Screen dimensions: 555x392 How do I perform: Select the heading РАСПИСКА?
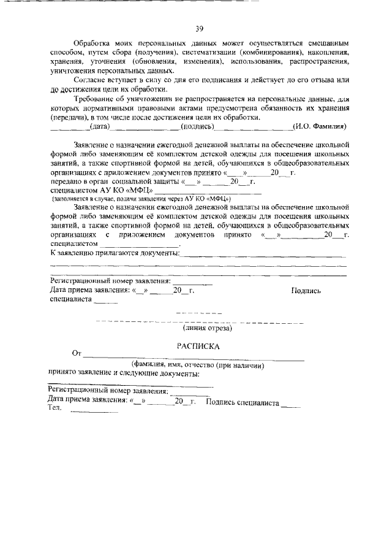(x=198, y=346)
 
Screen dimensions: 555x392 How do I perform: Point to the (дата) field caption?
(x=99, y=126)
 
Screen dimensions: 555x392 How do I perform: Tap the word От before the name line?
(x=77, y=354)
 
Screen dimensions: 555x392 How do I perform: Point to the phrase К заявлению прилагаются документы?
(x=115, y=253)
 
